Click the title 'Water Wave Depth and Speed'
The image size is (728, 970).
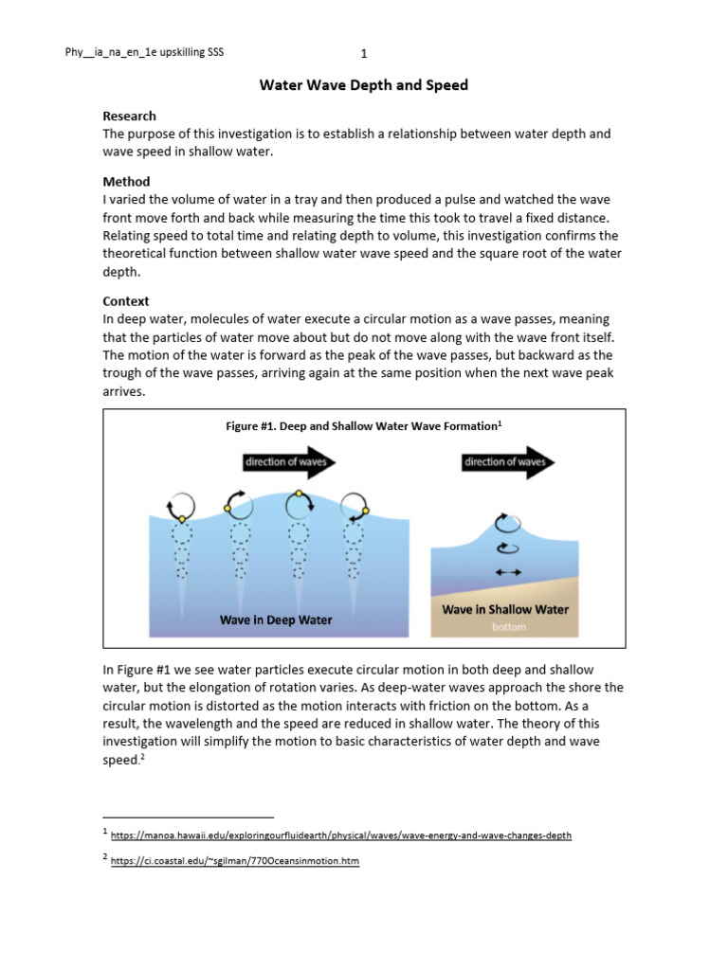(x=364, y=85)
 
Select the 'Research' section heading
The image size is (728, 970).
(x=129, y=116)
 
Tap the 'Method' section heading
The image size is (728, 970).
(x=126, y=181)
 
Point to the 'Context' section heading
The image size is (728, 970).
(x=126, y=301)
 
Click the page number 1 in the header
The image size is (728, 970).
(x=364, y=53)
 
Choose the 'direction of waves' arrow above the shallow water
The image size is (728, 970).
(x=508, y=462)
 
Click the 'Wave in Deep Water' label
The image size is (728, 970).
(x=276, y=620)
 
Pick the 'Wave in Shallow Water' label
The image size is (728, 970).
(x=504, y=609)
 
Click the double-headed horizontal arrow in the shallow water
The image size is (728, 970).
(x=509, y=572)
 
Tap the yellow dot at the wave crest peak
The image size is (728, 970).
(x=300, y=494)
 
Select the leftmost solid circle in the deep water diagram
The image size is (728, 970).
(x=181, y=506)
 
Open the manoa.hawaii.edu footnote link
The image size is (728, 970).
(x=341, y=835)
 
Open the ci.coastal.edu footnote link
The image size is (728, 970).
(x=235, y=861)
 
